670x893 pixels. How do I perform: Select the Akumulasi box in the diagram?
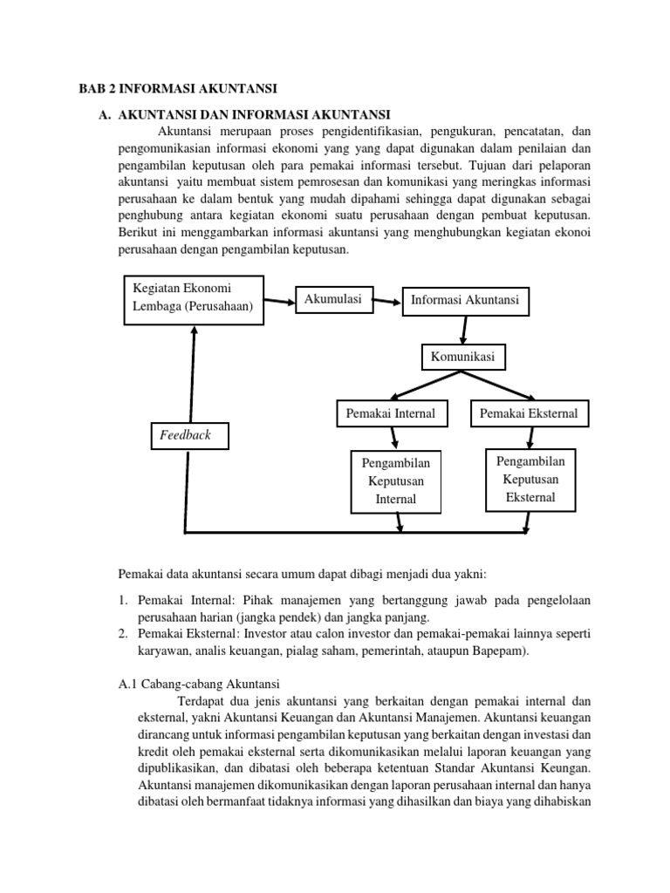click(x=332, y=299)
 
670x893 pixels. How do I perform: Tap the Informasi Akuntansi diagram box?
click(x=464, y=300)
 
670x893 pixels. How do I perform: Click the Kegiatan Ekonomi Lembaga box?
click(x=193, y=298)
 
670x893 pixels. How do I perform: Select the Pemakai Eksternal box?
click(x=530, y=412)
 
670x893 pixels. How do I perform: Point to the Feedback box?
click(x=186, y=434)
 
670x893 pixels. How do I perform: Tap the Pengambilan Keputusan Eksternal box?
click(x=530, y=479)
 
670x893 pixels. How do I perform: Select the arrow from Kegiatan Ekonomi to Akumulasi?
click(x=279, y=302)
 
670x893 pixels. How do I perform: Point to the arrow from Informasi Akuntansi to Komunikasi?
click(x=464, y=328)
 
